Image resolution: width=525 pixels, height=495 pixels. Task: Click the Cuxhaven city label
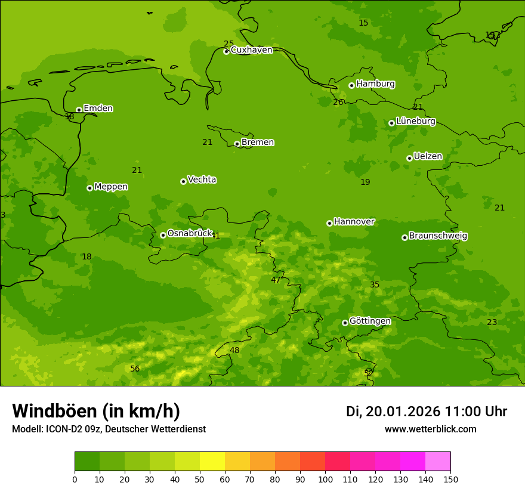click(x=251, y=50)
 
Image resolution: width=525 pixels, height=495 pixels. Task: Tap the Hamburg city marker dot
click(x=351, y=85)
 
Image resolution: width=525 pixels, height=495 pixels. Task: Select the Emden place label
click(x=98, y=109)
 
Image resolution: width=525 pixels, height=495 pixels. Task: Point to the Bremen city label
click(x=258, y=143)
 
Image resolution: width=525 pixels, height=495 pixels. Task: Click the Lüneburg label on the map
click(x=416, y=121)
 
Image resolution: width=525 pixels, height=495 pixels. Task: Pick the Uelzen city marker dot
click(x=409, y=158)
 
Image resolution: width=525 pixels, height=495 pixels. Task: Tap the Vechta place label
click(x=202, y=180)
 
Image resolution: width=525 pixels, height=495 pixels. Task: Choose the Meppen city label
click(x=111, y=187)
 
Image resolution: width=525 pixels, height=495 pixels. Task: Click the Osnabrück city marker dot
click(x=163, y=235)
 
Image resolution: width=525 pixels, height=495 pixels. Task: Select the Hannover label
click(x=354, y=222)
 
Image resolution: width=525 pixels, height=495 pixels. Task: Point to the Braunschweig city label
click(x=438, y=236)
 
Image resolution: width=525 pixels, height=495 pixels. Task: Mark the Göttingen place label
click(x=370, y=321)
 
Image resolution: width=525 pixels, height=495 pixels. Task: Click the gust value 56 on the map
click(x=135, y=369)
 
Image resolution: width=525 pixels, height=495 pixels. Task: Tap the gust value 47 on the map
click(x=276, y=280)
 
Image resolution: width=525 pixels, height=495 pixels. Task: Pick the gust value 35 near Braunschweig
click(x=375, y=285)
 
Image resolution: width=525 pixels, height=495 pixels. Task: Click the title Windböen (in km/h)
click(x=96, y=411)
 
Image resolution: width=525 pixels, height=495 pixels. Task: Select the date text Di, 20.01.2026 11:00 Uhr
click(x=427, y=412)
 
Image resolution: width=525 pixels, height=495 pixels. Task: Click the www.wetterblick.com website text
click(x=430, y=429)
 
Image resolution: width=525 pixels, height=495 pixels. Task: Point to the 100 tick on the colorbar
click(x=325, y=479)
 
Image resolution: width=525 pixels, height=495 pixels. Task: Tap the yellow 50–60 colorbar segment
click(x=212, y=462)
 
